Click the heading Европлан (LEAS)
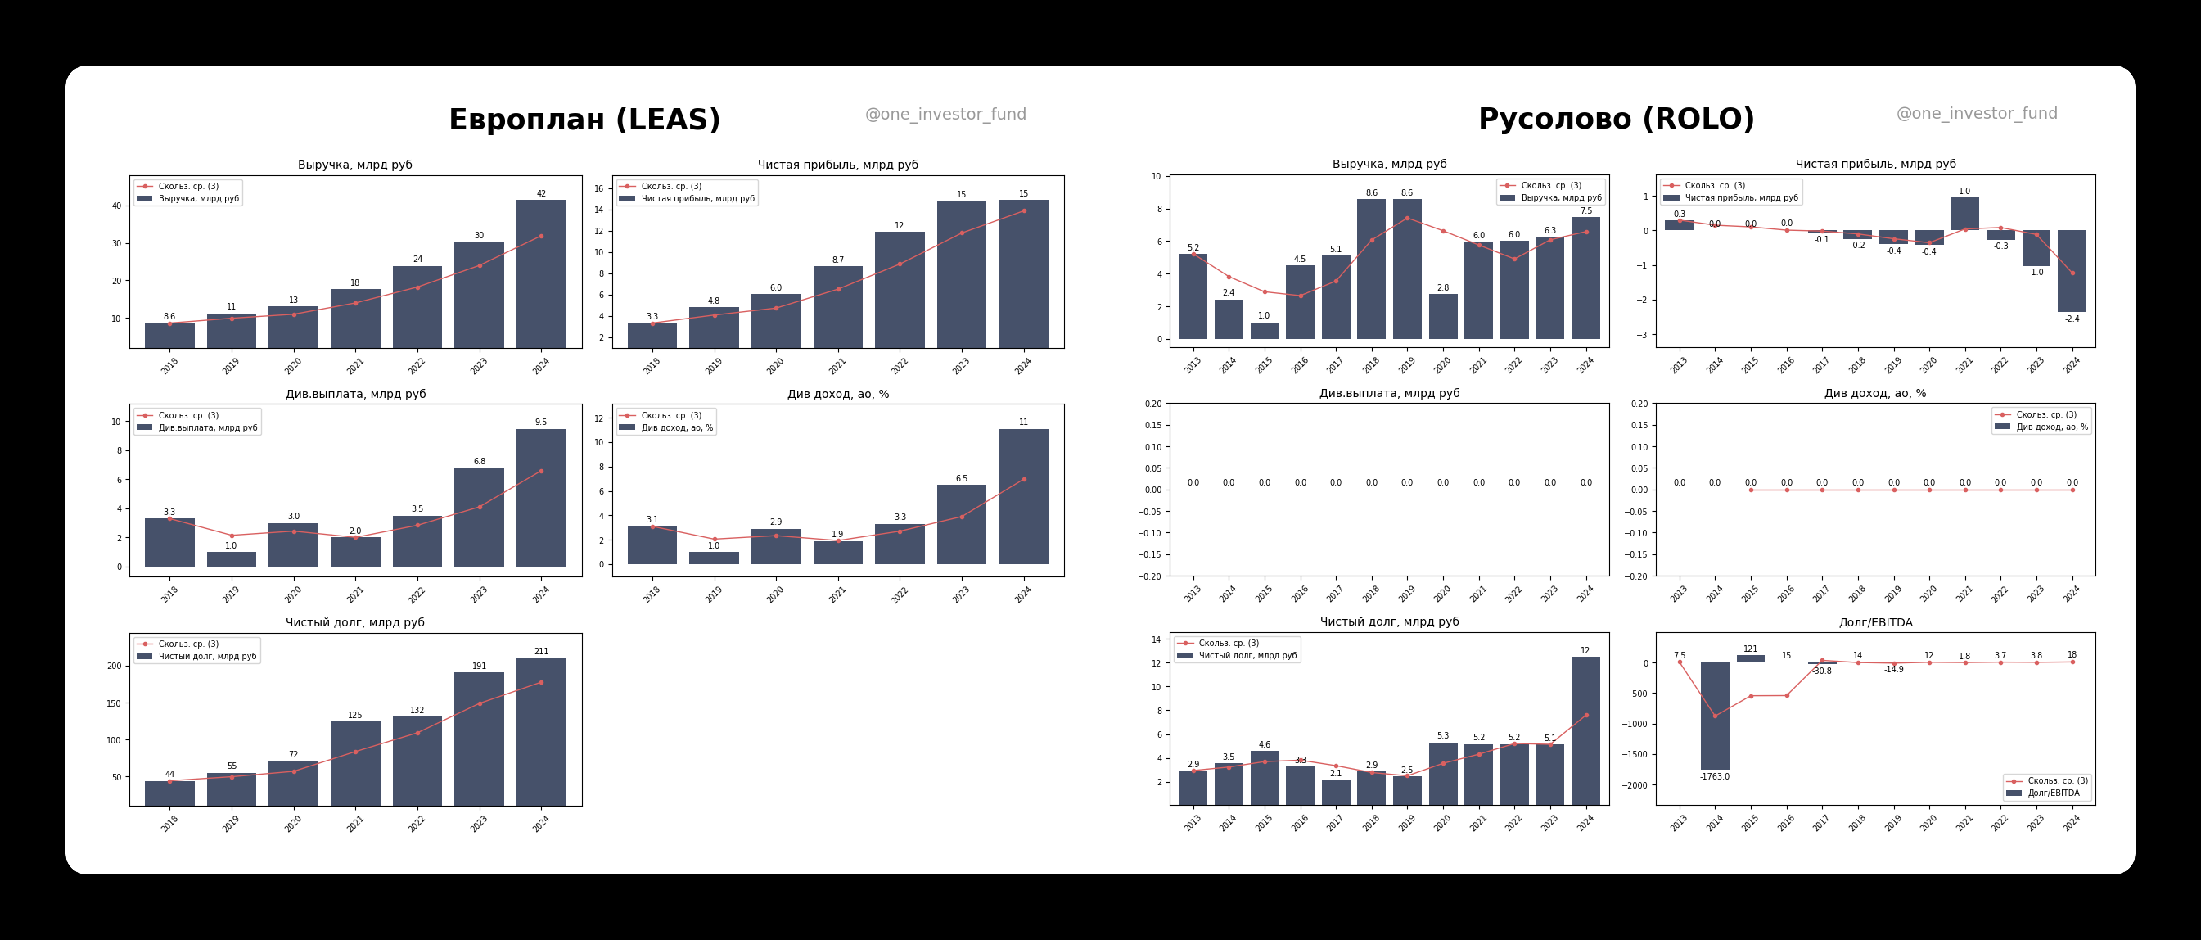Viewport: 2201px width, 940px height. coord(584,120)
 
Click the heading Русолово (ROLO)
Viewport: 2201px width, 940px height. coord(1616,119)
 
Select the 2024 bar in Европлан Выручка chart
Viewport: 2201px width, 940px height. coord(541,273)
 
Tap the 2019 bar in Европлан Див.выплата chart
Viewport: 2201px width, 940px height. coord(231,559)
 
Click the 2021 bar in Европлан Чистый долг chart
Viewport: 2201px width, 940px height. coord(355,763)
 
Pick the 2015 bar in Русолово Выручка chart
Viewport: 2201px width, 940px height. coord(1264,331)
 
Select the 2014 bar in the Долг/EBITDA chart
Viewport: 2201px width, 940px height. coord(1714,716)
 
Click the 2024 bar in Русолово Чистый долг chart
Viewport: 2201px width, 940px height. coord(1585,730)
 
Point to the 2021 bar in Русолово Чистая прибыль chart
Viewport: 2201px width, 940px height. coord(1964,215)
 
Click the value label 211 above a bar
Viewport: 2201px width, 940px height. coord(541,651)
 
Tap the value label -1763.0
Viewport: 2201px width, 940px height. coord(1714,777)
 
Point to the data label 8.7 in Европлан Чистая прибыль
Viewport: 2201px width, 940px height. coord(837,260)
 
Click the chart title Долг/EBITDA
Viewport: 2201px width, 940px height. coord(1874,622)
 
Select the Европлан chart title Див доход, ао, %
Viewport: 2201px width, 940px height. coord(837,394)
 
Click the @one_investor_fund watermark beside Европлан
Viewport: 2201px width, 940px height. coord(945,115)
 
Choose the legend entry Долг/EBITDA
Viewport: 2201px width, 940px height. coord(2053,793)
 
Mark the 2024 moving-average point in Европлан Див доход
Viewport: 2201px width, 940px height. coord(1024,479)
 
